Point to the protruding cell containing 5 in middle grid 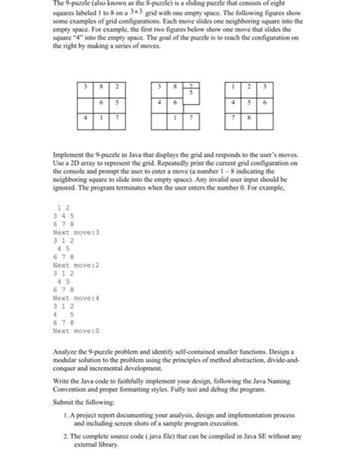193,90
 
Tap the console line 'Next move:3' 76,232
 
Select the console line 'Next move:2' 76,266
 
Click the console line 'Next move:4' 76,298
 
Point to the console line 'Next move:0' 76,331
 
